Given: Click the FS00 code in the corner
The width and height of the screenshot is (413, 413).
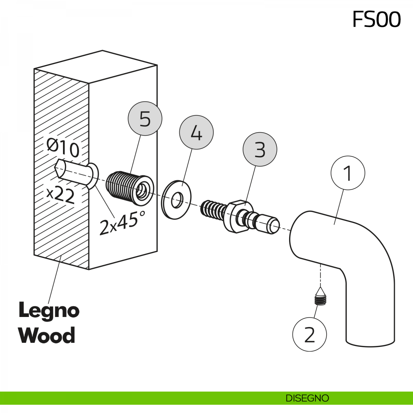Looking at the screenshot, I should tap(377, 19).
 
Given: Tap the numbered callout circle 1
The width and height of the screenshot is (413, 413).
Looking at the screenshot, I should tap(348, 173).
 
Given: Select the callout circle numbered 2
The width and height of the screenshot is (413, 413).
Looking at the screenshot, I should tap(309, 334).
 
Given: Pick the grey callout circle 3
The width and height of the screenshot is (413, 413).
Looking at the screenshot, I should tap(260, 149).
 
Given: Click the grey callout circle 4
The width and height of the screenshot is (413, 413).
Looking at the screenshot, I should tap(196, 133).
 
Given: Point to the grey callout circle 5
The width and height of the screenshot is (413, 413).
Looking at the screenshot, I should tap(145, 119).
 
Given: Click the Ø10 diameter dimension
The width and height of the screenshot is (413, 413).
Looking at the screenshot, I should tap(63, 148).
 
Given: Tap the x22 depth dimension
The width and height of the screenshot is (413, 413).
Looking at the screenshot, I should tap(61, 195).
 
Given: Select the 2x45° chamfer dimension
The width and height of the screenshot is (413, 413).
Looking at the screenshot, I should tap(122, 223).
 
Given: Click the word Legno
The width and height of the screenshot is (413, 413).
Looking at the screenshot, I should tap(49, 310).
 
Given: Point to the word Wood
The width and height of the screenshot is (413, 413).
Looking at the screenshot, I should tap(47, 336).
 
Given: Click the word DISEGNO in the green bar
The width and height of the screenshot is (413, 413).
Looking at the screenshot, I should tap(307, 398).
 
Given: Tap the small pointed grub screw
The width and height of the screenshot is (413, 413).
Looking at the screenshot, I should tap(320, 297).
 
